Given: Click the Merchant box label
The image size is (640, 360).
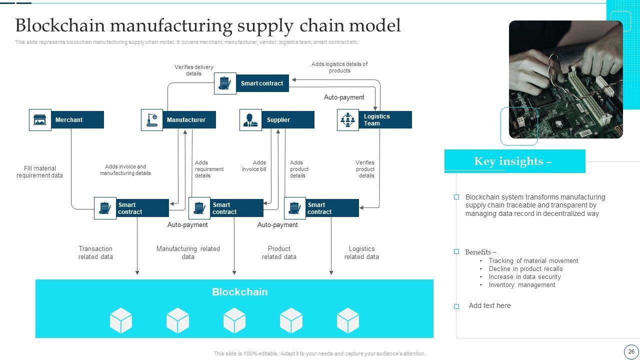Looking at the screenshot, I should [69, 120].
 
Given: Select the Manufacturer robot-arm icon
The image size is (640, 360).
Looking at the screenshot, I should [152, 120].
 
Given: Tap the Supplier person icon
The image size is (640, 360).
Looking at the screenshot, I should [250, 120].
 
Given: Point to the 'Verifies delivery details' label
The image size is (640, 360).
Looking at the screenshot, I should [193, 70].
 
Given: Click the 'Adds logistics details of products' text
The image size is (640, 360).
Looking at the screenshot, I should [339, 67].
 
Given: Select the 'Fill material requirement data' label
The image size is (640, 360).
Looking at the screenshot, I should [39, 172].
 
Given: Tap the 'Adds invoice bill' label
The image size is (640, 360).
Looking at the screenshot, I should [254, 166].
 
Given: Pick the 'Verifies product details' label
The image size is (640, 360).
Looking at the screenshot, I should [365, 169].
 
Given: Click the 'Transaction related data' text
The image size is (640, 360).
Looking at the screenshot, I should [95, 252].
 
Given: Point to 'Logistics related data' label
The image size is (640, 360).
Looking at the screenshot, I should [361, 252].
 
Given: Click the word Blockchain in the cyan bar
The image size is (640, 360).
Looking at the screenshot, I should [240, 292].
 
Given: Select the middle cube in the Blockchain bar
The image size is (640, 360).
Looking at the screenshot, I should [234, 320].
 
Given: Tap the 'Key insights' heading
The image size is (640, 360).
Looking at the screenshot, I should [513, 161].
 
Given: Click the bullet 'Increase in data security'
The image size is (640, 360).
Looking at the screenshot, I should [525, 277].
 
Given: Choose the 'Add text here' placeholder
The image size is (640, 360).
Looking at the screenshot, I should [490, 305].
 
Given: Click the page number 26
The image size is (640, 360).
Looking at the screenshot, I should [631, 351].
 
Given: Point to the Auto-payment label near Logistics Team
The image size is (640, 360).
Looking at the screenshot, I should [344, 97].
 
